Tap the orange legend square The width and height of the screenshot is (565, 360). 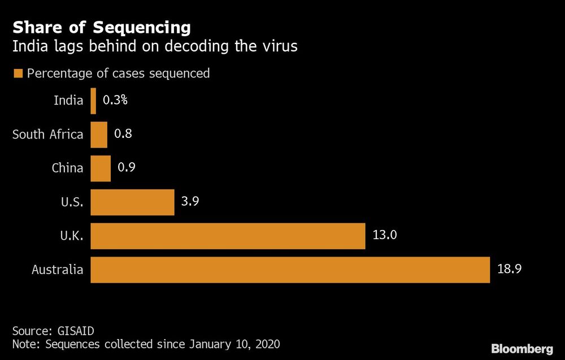pos(18,73)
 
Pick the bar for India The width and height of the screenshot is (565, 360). pos(93,101)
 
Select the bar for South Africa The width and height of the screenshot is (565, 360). pos(99,135)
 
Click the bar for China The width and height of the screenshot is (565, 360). pos(101,168)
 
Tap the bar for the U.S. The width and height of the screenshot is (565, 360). pos(132,202)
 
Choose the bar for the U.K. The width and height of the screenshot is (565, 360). pos(228,236)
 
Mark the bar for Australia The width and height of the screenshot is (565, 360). pos(290,270)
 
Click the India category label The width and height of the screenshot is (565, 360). pos(68,101)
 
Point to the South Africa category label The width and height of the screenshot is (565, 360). pos(48,135)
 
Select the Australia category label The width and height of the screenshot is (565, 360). pos(58,270)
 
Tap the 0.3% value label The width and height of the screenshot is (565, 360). pos(115,101)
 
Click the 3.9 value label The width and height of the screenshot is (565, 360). pos(190,202)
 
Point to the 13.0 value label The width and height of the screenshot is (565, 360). pos(385,236)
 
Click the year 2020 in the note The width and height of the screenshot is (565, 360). pos(267,344)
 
